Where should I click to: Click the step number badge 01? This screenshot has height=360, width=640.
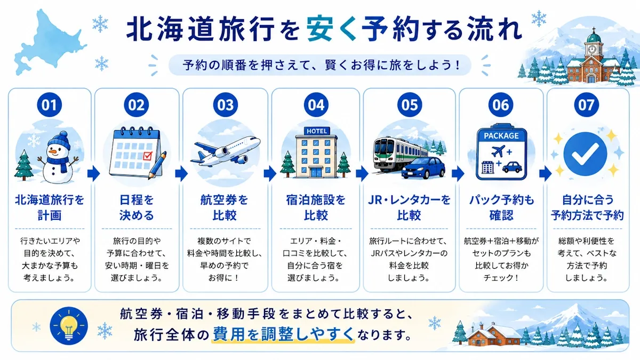[x=50, y=105]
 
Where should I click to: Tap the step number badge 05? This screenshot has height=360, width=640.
[x=409, y=105]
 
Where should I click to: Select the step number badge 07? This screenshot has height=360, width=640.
[x=586, y=105]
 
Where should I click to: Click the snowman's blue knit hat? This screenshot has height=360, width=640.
[x=59, y=141]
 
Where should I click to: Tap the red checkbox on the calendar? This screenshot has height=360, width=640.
[x=147, y=156]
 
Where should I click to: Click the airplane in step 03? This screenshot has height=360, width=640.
[x=226, y=151]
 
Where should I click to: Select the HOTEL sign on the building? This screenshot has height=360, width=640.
[x=317, y=131]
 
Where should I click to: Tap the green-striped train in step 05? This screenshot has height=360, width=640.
[x=397, y=154]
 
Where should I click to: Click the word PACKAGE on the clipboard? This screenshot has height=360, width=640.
[x=501, y=135]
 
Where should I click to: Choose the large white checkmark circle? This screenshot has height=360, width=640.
[x=585, y=154]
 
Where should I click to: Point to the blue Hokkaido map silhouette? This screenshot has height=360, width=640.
[x=49, y=43]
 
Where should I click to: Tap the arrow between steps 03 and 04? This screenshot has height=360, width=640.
[x=270, y=173]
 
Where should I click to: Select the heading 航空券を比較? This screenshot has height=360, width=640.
[x=225, y=207]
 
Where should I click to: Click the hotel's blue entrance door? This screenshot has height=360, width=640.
[x=316, y=172]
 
